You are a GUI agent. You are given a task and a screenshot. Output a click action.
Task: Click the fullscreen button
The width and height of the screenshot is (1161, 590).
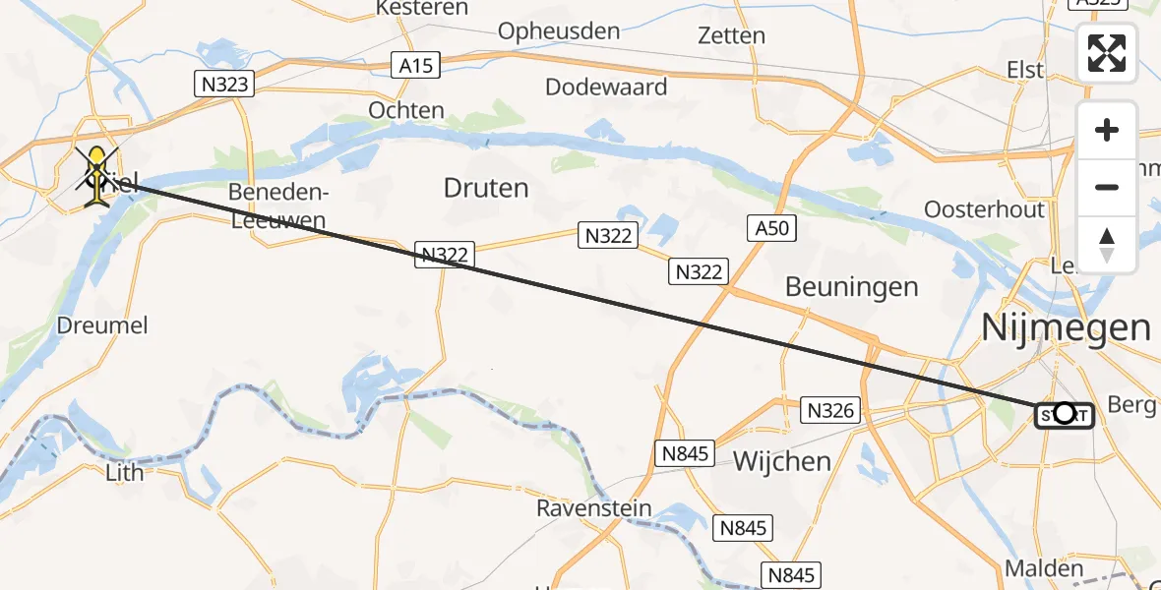[x=1107, y=53]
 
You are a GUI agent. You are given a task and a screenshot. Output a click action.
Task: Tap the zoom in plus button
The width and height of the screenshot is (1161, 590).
[x=1107, y=131]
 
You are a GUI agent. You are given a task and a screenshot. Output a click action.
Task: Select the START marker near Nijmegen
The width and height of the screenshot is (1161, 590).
[x=1064, y=415]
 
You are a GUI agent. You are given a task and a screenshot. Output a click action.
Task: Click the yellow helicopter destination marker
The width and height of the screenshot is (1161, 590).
[x=97, y=175]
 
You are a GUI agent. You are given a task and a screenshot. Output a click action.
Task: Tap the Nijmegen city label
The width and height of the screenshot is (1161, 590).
[x=1067, y=327]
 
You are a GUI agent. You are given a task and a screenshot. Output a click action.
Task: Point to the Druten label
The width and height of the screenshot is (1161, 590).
[x=486, y=188]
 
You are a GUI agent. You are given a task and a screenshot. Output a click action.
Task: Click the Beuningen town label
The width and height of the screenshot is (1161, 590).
[x=851, y=287]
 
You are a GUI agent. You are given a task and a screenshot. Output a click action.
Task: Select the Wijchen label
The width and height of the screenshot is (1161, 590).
[x=782, y=460]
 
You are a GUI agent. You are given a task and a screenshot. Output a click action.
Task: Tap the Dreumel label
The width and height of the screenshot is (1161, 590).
[x=102, y=324]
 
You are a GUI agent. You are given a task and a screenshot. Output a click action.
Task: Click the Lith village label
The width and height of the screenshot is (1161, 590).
[x=124, y=472]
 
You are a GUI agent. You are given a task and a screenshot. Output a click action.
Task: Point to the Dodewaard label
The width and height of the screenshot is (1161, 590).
[x=606, y=87]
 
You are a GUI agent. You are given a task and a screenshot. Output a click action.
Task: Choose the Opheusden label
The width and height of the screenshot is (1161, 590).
[x=559, y=31]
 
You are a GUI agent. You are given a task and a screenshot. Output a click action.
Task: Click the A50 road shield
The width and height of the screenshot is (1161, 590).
[x=771, y=229]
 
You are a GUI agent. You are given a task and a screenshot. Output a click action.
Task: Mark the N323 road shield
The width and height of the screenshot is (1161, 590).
[x=225, y=84]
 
